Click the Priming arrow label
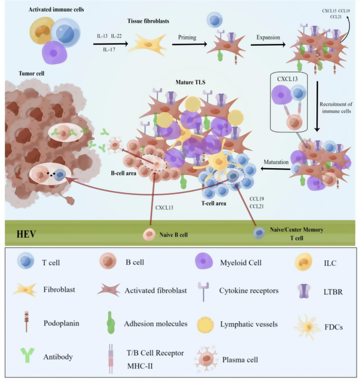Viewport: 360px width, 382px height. pyautogui.click(x=187, y=37)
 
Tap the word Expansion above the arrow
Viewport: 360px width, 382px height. pyautogui.click(x=268, y=37)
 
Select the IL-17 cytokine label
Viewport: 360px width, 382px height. pyautogui.click(x=109, y=49)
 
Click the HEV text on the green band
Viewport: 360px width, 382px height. pyautogui.click(x=26, y=234)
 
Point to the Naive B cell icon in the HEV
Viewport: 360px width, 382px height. pyautogui.click(x=149, y=234)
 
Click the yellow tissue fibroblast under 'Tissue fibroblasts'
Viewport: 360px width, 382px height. pyautogui.click(x=148, y=45)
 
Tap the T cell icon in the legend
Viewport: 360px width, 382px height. pyautogui.click(x=26, y=261)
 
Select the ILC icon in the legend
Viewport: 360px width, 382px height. pyautogui.click(x=303, y=262)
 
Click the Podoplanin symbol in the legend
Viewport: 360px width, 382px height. pyautogui.click(x=26, y=322)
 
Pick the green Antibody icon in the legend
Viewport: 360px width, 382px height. pyautogui.click(x=27, y=355)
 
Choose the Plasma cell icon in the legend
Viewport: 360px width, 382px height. pyautogui.click(x=207, y=359)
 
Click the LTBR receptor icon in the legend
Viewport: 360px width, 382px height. pyautogui.click(x=303, y=291)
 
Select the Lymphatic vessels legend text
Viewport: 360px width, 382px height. pyautogui.click(x=249, y=324)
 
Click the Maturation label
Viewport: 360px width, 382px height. pyautogui.click(x=276, y=162)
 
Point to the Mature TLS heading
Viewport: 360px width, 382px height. pyautogui.click(x=190, y=82)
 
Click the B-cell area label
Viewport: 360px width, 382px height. pyautogui.click(x=124, y=173)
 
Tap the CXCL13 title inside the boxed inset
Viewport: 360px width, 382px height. pyautogui.click(x=287, y=79)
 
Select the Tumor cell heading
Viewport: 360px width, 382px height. pyautogui.click(x=32, y=74)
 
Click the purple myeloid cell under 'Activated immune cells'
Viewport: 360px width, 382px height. pyautogui.click(x=54, y=53)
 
